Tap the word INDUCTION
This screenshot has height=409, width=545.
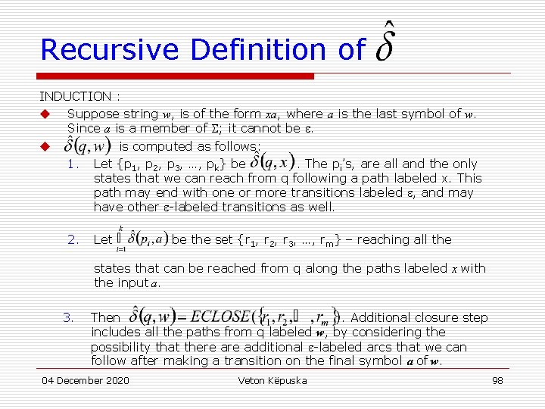74,96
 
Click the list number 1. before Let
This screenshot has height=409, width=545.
73,164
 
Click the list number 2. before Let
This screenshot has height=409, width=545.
73,239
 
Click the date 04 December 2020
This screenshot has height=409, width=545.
86,380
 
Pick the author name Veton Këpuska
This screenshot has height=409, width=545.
272,380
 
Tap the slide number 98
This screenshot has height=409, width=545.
497,380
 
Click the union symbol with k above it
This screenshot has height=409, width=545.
120,239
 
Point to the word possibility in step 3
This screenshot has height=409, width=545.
125,347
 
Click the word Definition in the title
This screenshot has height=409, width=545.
261,50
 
